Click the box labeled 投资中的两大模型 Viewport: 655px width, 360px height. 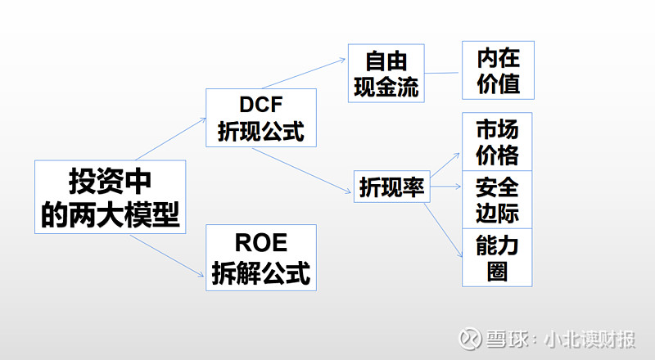(111, 196)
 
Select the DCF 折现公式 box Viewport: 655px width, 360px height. (261, 118)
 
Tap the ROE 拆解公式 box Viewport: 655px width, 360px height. (261, 258)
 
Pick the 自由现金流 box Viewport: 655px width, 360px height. (386, 73)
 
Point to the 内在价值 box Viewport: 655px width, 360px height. (498, 70)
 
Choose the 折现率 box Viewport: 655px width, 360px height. (392, 187)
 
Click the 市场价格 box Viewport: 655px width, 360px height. (497, 142)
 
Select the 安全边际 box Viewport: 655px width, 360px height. (497, 200)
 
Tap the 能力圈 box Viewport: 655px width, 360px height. (497, 258)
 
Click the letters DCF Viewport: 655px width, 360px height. (261, 105)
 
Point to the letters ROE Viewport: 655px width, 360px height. (261, 243)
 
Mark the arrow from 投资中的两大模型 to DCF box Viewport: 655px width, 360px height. (171, 139)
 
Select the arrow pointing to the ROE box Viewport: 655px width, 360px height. (167, 255)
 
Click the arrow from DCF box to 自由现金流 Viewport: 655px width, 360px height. (304, 74)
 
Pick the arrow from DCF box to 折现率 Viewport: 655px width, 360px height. (301, 170)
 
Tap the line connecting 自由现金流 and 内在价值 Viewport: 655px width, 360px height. (441, 73)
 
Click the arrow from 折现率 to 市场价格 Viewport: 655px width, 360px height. (445, 165)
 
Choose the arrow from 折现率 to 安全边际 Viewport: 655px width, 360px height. (445, 187)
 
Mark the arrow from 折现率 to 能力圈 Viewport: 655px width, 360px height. (444, 230)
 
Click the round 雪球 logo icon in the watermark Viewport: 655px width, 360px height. (470, 339)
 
